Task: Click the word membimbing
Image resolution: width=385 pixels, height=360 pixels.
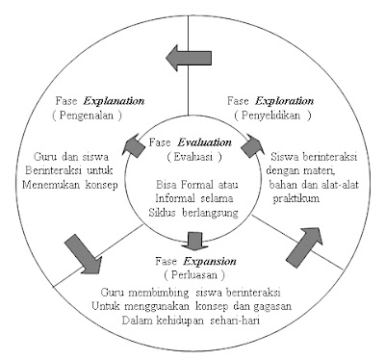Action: [167, 291]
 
